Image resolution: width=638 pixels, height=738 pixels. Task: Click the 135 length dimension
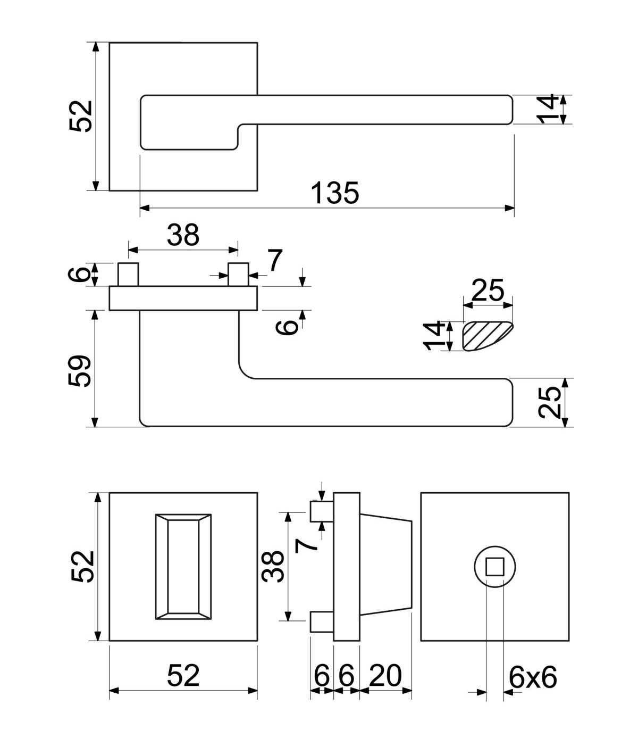(x=335, y=193)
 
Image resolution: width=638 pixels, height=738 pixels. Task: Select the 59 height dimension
(x=79, y=371)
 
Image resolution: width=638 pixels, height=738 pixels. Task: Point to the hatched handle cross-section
(x=488, y=336)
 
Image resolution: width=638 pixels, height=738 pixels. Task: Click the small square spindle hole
(x=495, y=567)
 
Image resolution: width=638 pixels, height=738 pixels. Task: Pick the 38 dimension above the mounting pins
(x=183, y=235)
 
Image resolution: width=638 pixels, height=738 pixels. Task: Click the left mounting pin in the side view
(x=128, y=274)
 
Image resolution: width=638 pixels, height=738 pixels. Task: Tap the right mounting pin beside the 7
(x=238, y=274)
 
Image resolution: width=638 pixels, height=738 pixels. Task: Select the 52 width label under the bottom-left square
(x=183, y=675)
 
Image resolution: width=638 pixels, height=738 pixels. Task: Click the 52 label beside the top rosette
(x=81, y=117)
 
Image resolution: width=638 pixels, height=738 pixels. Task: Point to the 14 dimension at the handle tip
(x=547, y=109)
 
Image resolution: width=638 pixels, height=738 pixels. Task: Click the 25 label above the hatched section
(x=488, y=289)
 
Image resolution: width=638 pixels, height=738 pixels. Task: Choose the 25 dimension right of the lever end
(x=549, y=402)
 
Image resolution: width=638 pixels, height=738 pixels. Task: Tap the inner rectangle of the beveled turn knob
(x=183, y=567)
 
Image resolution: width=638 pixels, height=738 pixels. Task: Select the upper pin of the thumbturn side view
(x=322, y=512)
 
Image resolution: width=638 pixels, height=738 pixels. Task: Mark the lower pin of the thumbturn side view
(x=322, y=622)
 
